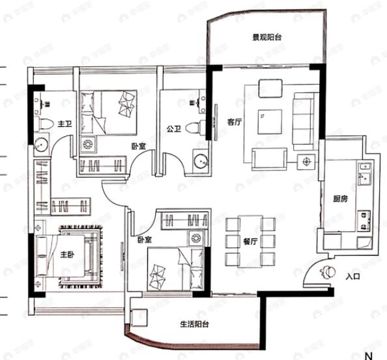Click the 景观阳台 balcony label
pos(268,37)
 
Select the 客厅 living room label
pos(235,121)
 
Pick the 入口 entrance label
pos(353,276)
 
